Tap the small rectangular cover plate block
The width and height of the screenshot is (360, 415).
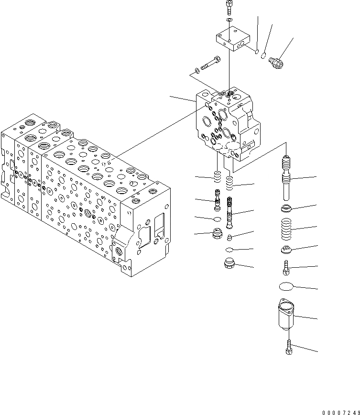(232, 39)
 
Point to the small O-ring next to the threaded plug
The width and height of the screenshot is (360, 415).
(262, 56)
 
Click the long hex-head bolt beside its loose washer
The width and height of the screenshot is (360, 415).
(208, 62)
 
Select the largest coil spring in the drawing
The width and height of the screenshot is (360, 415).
(287, 230)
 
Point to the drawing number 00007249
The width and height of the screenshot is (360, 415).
(340, 411)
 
